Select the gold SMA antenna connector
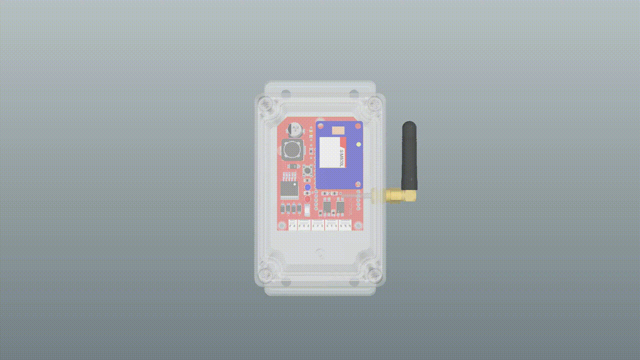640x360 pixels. (395, 195)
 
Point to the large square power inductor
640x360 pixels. (292, 149)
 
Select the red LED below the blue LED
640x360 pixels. (307, 198)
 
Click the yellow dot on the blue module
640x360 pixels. (359, 144)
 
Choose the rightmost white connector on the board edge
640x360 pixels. (345, 226)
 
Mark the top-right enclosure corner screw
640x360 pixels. (373, 105)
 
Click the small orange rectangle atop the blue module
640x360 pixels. (338, 130)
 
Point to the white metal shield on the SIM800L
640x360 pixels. (329, 152)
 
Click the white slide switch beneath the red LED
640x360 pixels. (307, 209)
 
